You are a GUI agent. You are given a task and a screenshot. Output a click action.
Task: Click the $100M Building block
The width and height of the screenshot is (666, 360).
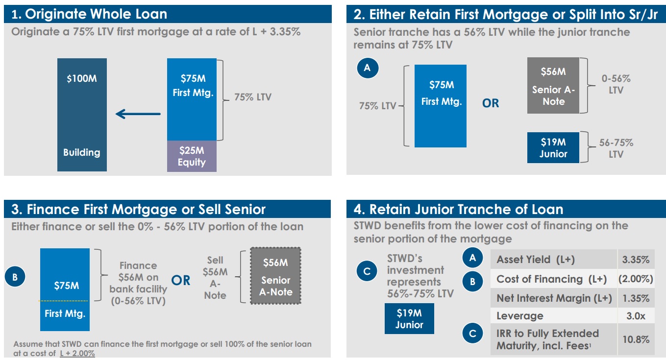click(82, 115)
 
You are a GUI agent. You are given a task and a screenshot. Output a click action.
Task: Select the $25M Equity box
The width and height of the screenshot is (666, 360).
click(192, 156)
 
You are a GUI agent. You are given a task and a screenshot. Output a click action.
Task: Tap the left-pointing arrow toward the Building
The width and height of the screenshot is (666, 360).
click(138, 114)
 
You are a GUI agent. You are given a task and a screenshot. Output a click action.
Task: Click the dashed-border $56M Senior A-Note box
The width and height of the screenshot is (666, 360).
click(275, 276)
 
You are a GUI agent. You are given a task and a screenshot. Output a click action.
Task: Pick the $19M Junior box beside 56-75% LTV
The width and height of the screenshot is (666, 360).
click(553, 148)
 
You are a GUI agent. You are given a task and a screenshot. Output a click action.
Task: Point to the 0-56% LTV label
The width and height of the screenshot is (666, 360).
click(616, 84)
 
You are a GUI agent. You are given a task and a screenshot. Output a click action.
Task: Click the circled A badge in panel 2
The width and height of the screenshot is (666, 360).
click(368, 68)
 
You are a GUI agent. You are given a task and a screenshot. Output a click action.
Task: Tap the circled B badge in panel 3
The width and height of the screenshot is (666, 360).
click(15, 277)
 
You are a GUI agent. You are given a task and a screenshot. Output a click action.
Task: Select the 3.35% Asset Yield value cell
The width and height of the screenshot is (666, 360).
click(636, 260)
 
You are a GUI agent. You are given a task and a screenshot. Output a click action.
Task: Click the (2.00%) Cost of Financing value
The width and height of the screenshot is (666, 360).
click(636, 279)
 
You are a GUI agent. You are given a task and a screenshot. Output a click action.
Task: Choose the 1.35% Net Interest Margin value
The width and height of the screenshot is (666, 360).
click(636, 298)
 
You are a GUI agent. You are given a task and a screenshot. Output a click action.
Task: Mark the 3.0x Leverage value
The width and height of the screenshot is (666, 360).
click(636, 316)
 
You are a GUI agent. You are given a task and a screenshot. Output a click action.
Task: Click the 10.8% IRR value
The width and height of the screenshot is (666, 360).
click(636, 339)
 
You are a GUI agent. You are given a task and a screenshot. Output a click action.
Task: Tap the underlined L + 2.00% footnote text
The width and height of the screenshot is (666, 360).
click(77, 354)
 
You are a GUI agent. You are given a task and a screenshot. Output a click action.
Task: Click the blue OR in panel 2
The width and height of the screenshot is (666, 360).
click(491, 103)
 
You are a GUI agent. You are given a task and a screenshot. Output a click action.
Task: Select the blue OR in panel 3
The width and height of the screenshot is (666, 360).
click(180, 280)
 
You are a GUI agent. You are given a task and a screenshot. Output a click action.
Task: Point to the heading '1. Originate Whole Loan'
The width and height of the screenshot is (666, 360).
click(89, 14)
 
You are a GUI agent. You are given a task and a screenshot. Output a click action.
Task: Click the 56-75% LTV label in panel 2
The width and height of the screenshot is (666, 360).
click(616, 148)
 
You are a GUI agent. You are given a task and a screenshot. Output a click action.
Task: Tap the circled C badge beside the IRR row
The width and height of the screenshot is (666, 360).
click(472, 333)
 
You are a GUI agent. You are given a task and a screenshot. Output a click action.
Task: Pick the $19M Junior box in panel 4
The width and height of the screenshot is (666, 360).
click(409, 319)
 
